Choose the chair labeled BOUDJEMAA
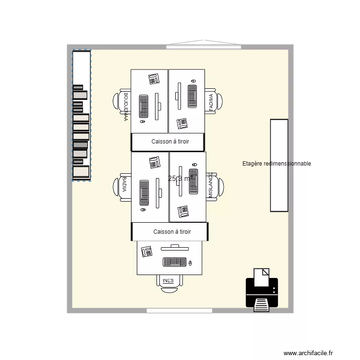click(123, 102)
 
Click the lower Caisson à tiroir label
click(172, 232)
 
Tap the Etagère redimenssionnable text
click(276, 164)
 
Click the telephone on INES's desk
click(146, 251)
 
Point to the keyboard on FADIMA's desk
click(192, 96)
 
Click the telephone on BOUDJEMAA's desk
click(154, 79)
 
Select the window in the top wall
click(203, 47)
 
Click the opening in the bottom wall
click(179, 311)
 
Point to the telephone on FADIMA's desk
click(182, 123)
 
